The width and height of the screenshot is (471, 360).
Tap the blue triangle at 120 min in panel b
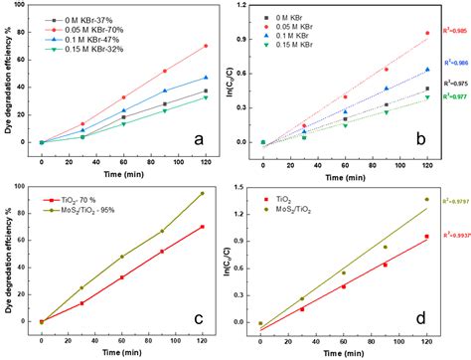pos(427,70)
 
